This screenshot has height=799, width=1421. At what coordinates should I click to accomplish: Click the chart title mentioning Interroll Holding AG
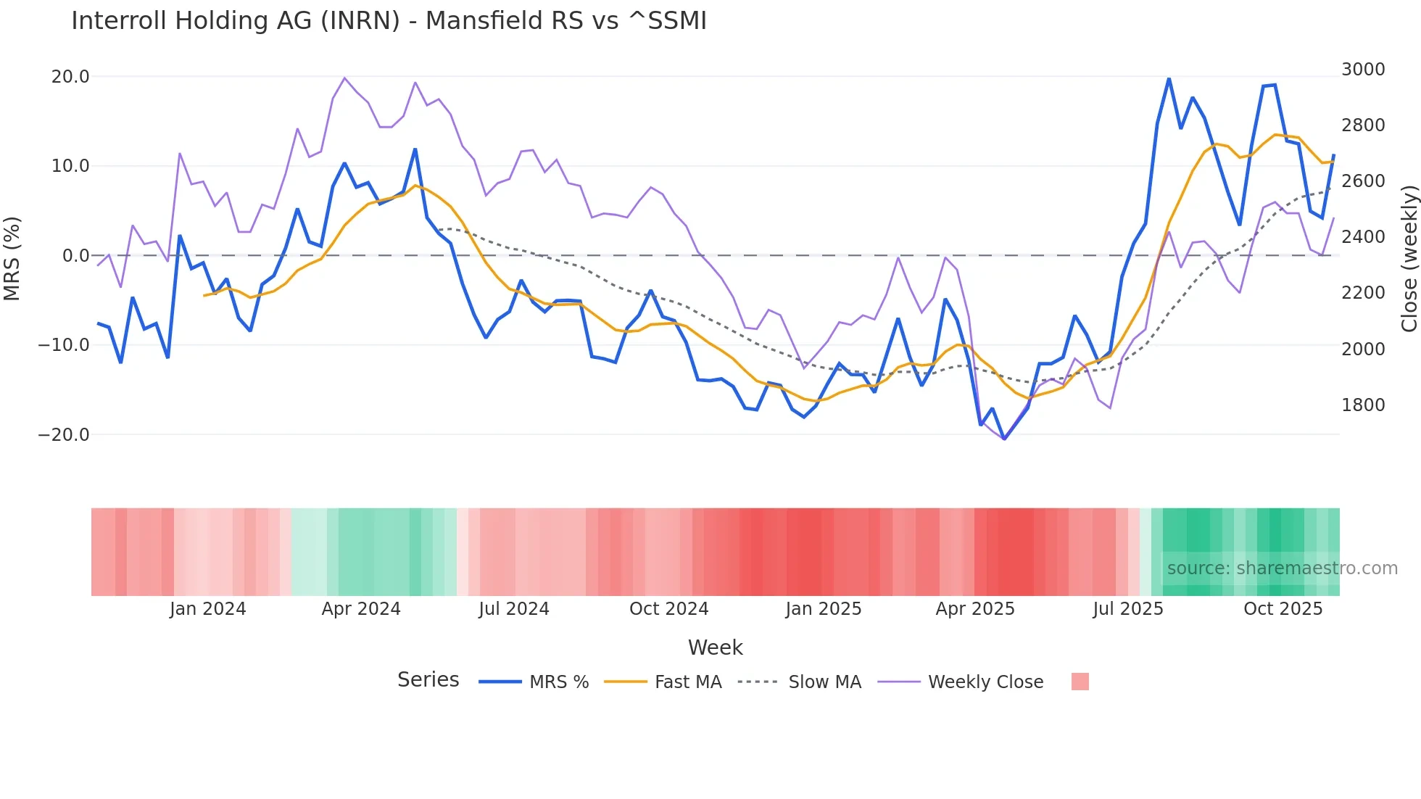click(389, 21)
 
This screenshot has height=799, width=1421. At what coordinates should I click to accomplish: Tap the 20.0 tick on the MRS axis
click(70, 77)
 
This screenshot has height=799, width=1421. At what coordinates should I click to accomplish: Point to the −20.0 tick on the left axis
click(64, 435)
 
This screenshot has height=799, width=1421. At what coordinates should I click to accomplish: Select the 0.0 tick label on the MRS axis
click(75, 256)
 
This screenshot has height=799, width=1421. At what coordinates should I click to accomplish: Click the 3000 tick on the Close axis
click(1363, 70)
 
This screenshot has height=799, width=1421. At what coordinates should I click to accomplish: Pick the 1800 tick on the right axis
click(1363, 405)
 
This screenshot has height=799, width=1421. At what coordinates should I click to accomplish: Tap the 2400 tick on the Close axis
click(1363, 237)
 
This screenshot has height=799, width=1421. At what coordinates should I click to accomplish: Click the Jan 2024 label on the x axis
click(208, 609)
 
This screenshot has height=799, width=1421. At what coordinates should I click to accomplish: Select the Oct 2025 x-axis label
click(1283, 609)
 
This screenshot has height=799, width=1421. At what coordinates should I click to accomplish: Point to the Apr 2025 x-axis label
click(975, 609)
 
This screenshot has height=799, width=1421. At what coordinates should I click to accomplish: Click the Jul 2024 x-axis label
click(514, 609)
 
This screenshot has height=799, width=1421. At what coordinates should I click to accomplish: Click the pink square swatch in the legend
click(1080, 682)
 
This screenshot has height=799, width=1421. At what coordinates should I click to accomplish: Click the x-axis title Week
click(716, 647)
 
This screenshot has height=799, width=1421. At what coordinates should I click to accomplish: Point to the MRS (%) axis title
click(12, 259)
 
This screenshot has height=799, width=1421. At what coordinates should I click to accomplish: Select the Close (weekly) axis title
click(1409, 259)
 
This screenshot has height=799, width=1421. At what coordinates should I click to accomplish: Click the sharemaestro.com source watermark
click(1282, 568)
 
